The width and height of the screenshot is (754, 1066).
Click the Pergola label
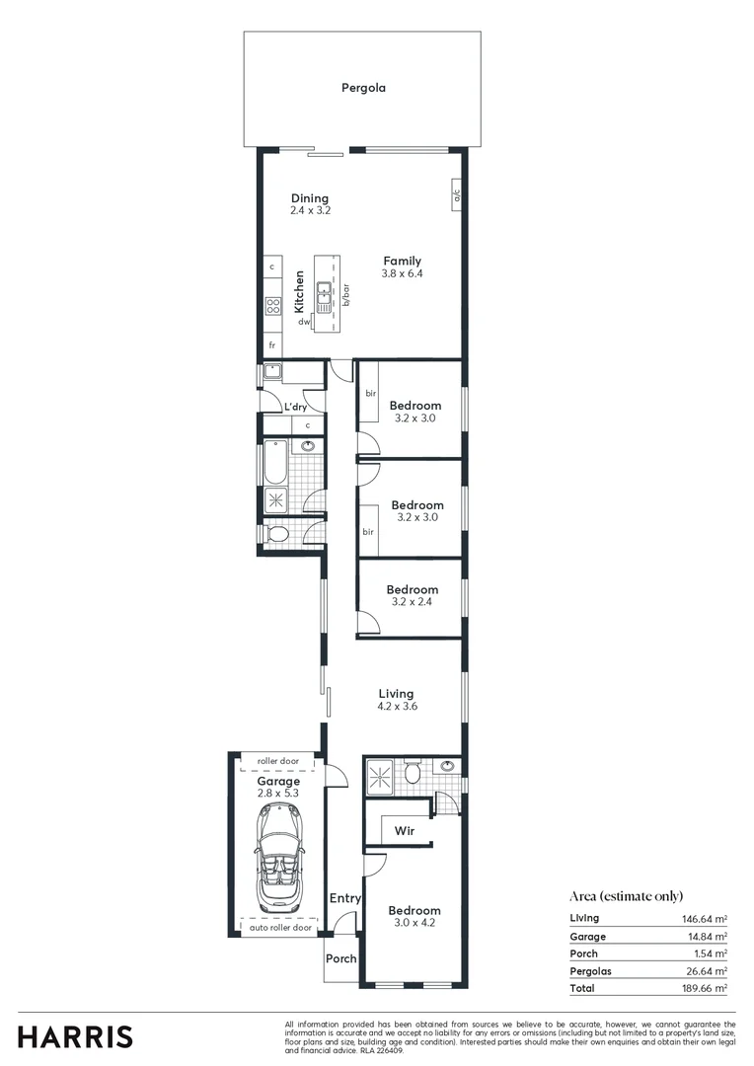(x=363, y=88)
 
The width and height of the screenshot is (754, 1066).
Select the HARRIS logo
(x=75, y=1036)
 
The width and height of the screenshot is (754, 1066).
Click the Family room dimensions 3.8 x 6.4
(x=403, y=273)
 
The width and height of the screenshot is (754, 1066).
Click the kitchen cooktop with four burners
(x=272, y=306)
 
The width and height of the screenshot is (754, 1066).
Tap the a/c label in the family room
(x=457, y=195)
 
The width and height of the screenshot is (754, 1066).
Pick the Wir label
(x=403, y=831)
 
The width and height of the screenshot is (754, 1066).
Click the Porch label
(x=340, y=958)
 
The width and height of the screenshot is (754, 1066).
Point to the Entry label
(x=345, y=898)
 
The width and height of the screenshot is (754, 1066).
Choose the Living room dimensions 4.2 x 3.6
(x=396, y=706)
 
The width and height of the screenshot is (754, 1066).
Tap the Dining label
(x=309, y=198)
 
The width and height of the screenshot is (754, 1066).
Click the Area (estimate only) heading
(x=626, y=896)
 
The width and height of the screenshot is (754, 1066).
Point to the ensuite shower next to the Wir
(x=379, y=773)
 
